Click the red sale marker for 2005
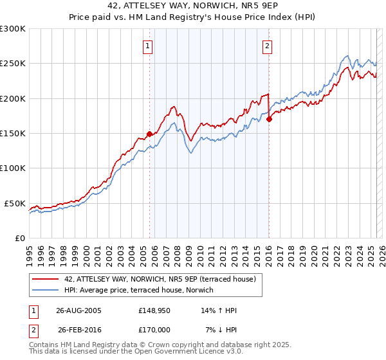coord(149,134)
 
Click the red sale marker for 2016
coord(269,119)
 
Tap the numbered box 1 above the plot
coord(149,46)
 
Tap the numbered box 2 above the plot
coord(267,46)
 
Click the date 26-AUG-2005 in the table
coord(78,310)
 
